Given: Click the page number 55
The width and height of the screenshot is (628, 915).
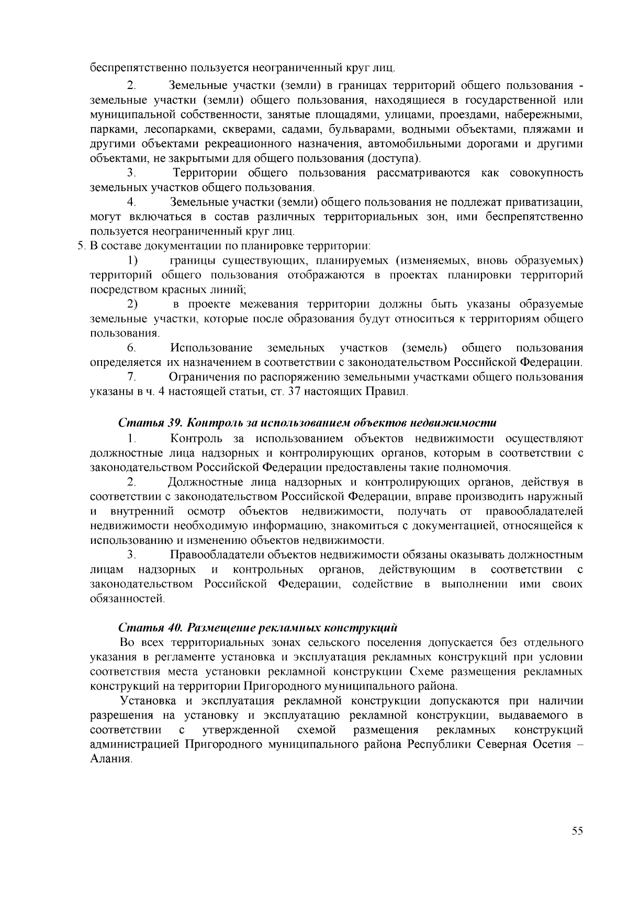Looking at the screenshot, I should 577,832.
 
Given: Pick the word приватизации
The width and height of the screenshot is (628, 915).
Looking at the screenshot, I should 546,202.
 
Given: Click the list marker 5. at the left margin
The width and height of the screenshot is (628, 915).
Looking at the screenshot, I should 82,246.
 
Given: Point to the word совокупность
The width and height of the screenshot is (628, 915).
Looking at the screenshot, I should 546,173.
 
